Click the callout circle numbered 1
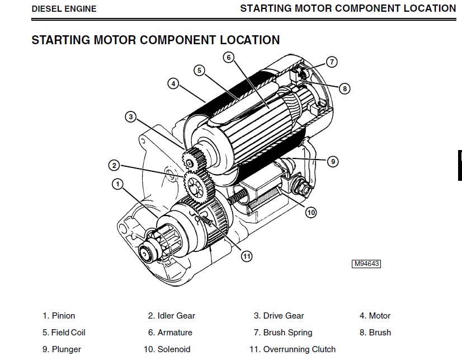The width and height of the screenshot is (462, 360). [117, 183]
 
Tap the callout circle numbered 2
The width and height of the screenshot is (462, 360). [114, 165]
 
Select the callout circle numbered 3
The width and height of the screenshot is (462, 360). [130, 117]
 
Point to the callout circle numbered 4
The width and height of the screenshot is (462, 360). [173, 84]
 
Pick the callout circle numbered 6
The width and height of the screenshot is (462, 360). [228, 57]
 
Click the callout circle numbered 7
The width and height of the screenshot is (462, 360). [332, 62]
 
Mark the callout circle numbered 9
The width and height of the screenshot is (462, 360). [332, 162]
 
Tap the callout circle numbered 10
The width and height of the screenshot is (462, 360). [311, 212]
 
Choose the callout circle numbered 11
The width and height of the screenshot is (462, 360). [247, 256]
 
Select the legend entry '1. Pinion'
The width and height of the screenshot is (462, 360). [59, 316]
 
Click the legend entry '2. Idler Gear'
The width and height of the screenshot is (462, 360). [171, 316]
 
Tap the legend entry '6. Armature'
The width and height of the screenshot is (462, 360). [170, 333]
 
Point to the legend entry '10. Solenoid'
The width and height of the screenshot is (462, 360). [167, 349]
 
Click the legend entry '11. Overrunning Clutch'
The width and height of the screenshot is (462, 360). [293, 349]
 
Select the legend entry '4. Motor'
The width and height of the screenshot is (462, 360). [375, 316]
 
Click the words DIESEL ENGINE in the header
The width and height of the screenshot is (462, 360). [64, 9]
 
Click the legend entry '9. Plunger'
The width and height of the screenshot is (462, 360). [62, 349]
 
